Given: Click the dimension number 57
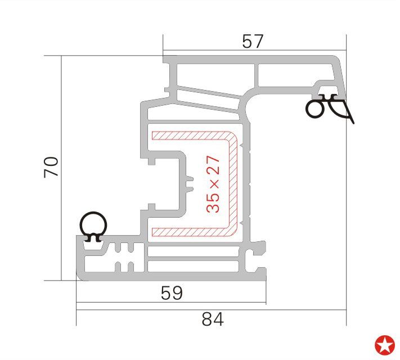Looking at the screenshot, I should (252, 42).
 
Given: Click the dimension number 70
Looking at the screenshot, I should (51, 168).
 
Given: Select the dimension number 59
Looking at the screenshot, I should (172, 292).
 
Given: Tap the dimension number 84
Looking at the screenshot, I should (212, 319).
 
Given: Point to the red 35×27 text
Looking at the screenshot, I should (213, 184).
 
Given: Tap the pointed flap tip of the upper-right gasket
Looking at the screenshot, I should (353, 120).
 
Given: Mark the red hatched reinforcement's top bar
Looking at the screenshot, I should (191, 136).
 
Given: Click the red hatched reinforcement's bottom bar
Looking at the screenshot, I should (191, 231).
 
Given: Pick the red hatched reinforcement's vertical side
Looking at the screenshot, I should (232, 183).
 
